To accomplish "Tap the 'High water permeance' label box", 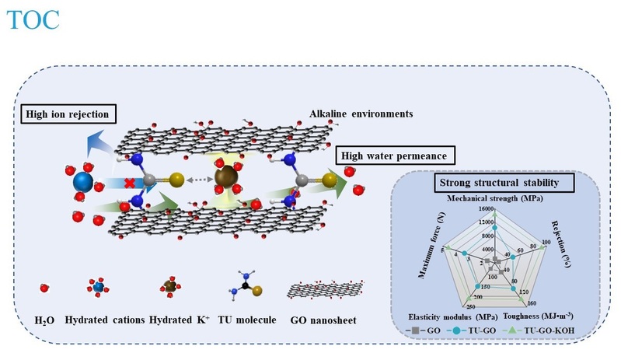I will click(386, 156).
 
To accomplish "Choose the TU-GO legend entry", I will click(488, 330).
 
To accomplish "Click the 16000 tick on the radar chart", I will click(487, 209).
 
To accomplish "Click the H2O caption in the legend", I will click(44, 317).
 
